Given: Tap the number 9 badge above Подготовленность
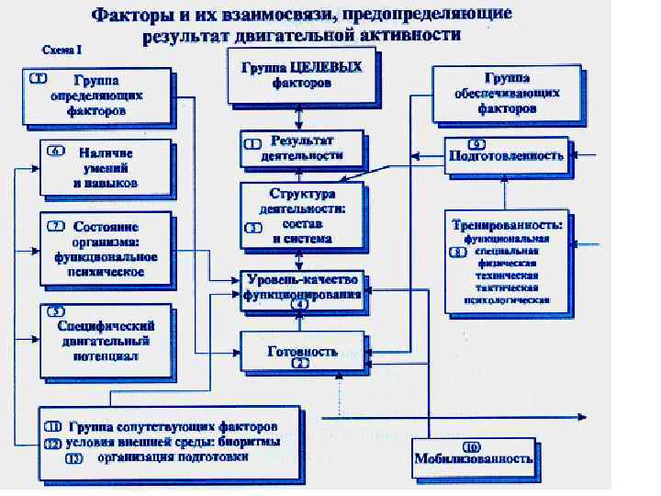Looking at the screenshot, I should [476, 144].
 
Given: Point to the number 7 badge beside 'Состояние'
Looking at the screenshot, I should [56, 225].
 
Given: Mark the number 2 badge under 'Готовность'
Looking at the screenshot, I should [299, 364].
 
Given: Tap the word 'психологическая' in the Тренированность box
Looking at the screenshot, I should [509, 299].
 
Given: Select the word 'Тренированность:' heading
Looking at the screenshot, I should [506, 224].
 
